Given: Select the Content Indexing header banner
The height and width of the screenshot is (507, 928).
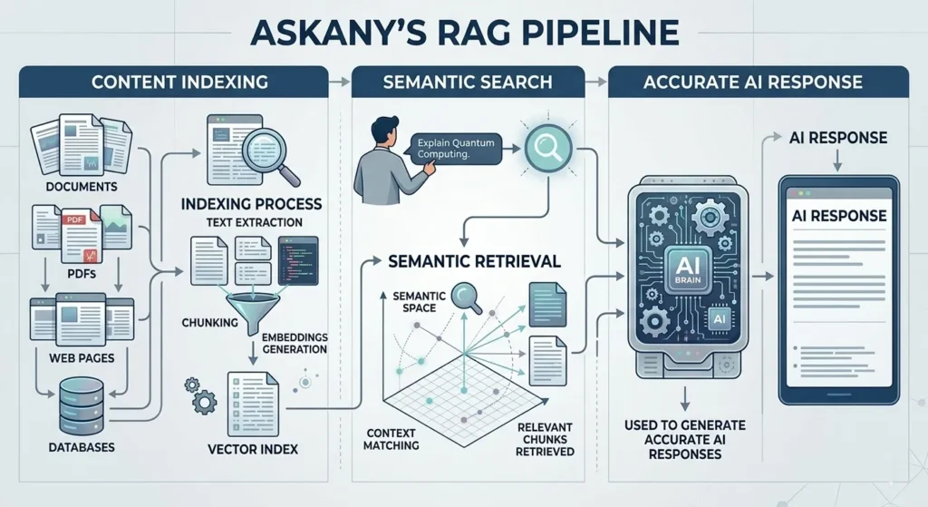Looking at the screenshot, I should pos(179,82).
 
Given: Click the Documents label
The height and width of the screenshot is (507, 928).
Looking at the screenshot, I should pos(81,186).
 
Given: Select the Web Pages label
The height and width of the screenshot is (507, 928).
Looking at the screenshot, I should pos(81,357).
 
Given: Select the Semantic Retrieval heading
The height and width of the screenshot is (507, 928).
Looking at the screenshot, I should pos(474,261).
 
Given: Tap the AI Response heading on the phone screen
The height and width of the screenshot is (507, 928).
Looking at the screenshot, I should pos(838,217).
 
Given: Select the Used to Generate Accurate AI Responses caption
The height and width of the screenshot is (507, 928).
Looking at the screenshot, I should pos(684,439).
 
